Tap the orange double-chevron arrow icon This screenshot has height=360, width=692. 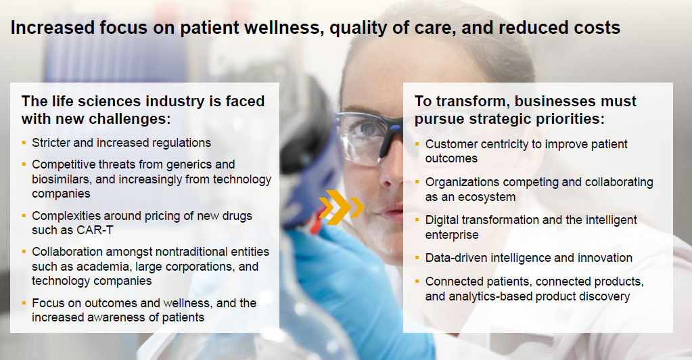click(x=342, y=207)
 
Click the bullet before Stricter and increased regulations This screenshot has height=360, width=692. click(x=24, y=143)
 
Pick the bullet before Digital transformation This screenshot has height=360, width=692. click(x=417, y=220)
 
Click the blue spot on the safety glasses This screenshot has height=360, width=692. click(x=394, y=128)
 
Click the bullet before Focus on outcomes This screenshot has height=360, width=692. click(x=24, y=303)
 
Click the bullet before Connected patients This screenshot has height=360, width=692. click(x=417, y=282)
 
